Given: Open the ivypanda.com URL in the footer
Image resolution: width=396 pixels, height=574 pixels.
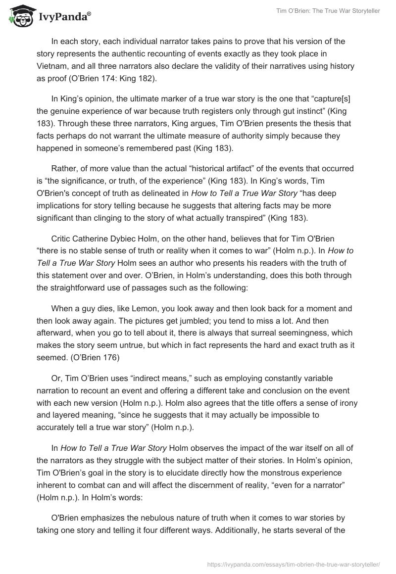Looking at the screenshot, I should pos(294,563).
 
